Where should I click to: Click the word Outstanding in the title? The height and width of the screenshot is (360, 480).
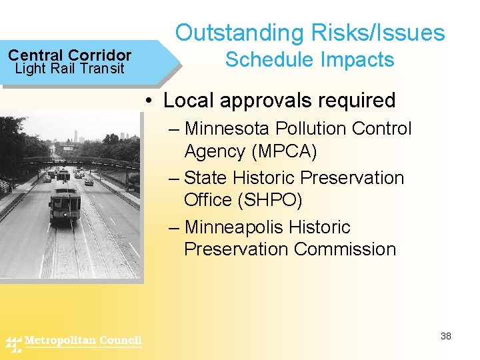tap(234, 33)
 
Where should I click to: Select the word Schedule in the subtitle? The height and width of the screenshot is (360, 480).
tap(265, 60)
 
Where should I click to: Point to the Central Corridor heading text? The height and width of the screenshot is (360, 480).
tap(69, 55)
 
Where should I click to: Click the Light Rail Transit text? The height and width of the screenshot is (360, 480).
tap(69, 69)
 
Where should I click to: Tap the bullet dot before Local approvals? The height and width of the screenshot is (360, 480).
tap(152, 101)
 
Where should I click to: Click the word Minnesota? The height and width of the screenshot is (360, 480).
tap(227, 128)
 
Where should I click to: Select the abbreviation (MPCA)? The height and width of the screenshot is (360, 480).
tap(284, 151)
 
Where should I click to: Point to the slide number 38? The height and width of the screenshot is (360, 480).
tap(446, 336)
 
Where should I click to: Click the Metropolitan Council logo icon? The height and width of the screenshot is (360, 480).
tap(14, 343)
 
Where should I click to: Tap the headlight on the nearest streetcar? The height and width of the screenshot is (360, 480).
tap(65, 213)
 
